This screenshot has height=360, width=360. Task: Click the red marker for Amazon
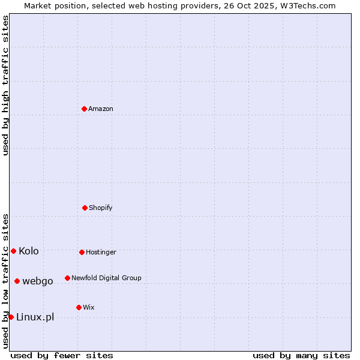pyautogui.click(x=84, y=109)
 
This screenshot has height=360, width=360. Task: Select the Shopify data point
pyautogui.click(x=85, y=208)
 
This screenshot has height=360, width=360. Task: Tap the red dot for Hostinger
pyautogui.click(x=82, y=252)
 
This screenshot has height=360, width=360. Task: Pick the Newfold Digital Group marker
pyautogui.click(x=67, y=278)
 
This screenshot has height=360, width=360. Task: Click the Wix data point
pyautogui.click(x=79, y=307)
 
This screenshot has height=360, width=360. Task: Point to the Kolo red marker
pyautogui.click(x=13, y=251)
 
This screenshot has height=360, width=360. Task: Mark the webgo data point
pyautogui.click(x=17, y=281)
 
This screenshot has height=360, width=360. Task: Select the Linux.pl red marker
pyautogui.click(x=11, y=317)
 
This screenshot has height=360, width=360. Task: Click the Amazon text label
pyautogui.click(x=101, y=109)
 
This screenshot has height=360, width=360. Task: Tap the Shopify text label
pyautogui.click(x=101, y=208)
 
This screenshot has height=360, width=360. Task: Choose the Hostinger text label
pyautogui.click(x=101, y=253)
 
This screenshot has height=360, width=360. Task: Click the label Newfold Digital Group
pyautogui.click(x=106, y=278)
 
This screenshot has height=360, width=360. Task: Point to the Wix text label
pyautogui.click(x=89, y=308)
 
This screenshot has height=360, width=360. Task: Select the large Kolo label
pyautogui.click(x=29, y=251)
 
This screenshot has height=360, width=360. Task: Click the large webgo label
pyautogui.click(x=38, y=281)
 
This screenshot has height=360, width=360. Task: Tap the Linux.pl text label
pyautogui.click(x=35, y=317)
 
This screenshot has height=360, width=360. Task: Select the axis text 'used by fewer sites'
pyautogui.click(x=62, y=355)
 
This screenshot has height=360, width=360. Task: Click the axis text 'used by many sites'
pyautogui.click(x=301, y=355)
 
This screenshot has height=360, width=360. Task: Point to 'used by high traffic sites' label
pyautogui.click(x=5, y=85)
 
